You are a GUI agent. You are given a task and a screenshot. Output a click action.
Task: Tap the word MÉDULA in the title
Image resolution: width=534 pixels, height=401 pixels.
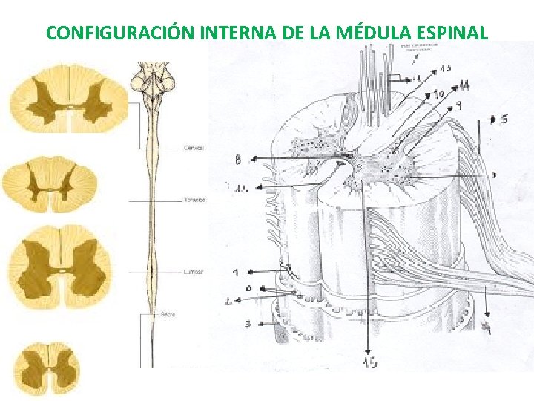click(373, 33)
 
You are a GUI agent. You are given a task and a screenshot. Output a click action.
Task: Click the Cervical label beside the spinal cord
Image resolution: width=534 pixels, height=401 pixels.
click(194, 148)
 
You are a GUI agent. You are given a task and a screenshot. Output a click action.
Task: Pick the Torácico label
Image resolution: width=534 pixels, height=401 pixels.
click(195, 200)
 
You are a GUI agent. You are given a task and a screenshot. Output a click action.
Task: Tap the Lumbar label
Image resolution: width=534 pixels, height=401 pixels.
click(194, 272)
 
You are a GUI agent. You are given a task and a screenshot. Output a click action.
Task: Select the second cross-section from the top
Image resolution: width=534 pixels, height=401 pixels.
click(50, 183)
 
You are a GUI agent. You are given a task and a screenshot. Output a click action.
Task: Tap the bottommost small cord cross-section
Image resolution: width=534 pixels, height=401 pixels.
click(47, 367)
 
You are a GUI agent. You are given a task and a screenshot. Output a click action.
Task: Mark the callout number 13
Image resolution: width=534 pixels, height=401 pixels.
click(444, 68)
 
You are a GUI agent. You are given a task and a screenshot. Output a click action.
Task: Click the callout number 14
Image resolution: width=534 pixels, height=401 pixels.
click(464, 87)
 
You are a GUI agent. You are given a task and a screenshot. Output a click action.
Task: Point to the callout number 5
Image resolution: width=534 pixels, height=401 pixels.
click(504, 119)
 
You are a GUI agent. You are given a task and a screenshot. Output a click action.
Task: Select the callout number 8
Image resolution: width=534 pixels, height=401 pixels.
click(237, 159)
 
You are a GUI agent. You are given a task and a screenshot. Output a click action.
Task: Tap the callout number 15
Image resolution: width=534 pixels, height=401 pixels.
click(369, 362)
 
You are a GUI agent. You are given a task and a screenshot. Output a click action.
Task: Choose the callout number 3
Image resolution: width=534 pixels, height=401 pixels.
click(248, 323)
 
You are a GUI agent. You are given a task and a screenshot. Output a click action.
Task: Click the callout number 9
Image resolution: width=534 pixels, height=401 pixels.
click(459, 106)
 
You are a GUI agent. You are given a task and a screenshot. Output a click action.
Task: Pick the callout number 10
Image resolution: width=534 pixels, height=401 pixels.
click(438, 94)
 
